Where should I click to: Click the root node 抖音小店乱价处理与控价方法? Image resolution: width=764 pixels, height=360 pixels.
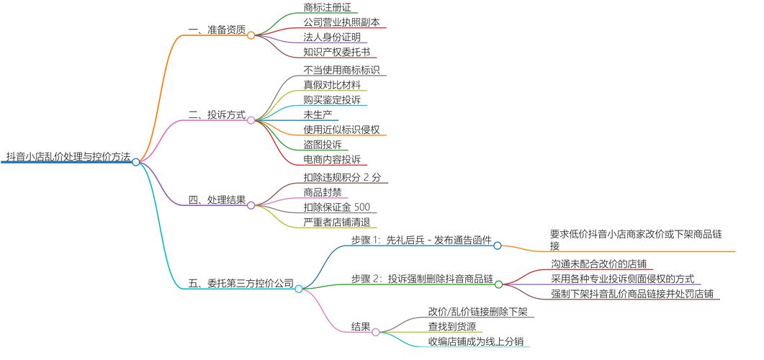pos(68,156)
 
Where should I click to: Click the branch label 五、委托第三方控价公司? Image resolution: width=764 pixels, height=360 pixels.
pos(241,283)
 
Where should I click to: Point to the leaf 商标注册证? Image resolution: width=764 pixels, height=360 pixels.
pos(328,7)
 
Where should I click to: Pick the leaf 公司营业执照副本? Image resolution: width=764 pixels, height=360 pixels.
pos(341,22)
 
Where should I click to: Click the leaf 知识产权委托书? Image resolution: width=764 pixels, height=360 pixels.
pos(336,52)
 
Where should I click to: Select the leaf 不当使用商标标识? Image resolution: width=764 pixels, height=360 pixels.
pos(341,71)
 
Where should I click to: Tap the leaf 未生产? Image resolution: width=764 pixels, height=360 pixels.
pos(318,114)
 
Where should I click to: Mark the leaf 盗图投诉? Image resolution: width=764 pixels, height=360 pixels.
pos(323,144)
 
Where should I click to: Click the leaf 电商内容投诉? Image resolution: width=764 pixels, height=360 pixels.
pos(332,159)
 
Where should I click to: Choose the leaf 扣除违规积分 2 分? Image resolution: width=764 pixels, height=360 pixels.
pos(342,177)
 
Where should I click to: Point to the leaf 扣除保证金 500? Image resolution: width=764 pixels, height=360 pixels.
pos(337,207)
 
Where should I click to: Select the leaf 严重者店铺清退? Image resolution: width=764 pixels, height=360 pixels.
pos(336,222)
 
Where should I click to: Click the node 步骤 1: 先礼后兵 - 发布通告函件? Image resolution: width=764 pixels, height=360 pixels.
pos(421,240)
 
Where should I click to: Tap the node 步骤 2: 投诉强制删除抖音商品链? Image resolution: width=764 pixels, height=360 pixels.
pos(421,279)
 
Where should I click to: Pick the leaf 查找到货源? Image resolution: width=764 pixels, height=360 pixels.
pos(451,326)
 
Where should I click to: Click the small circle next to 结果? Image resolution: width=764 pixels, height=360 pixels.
pos(376,331)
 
